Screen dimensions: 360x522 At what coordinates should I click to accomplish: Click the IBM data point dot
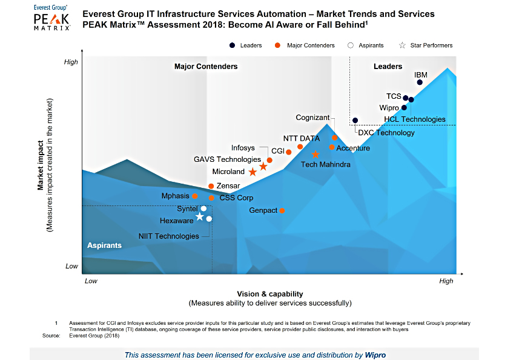[x=420, y=82]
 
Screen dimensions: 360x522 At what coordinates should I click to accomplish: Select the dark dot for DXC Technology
[x=355, y=121]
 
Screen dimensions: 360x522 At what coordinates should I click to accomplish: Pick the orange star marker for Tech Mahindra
[x=316, y=155]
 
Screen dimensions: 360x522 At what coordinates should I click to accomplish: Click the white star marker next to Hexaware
[x=200, y=216]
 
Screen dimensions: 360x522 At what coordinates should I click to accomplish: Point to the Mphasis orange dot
[x=195, y=196]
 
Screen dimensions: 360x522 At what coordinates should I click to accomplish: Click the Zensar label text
[x=228, y=186]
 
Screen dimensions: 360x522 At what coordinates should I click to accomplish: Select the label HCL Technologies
[x=415, y=119]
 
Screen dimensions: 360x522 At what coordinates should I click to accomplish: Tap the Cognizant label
[x=312, y=118]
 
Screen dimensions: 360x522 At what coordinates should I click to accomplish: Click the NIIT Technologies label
[x=168, y=236]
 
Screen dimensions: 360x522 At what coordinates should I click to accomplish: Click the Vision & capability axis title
[x=270, y=294]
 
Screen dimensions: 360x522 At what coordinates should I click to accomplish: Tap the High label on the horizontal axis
[x=446, y=281]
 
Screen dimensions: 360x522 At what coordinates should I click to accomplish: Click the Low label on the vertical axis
[x=71, y=267]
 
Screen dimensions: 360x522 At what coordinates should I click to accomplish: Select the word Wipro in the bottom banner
[x=375, y=355]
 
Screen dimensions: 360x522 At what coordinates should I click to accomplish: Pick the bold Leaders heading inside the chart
[x=388, y=67]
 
